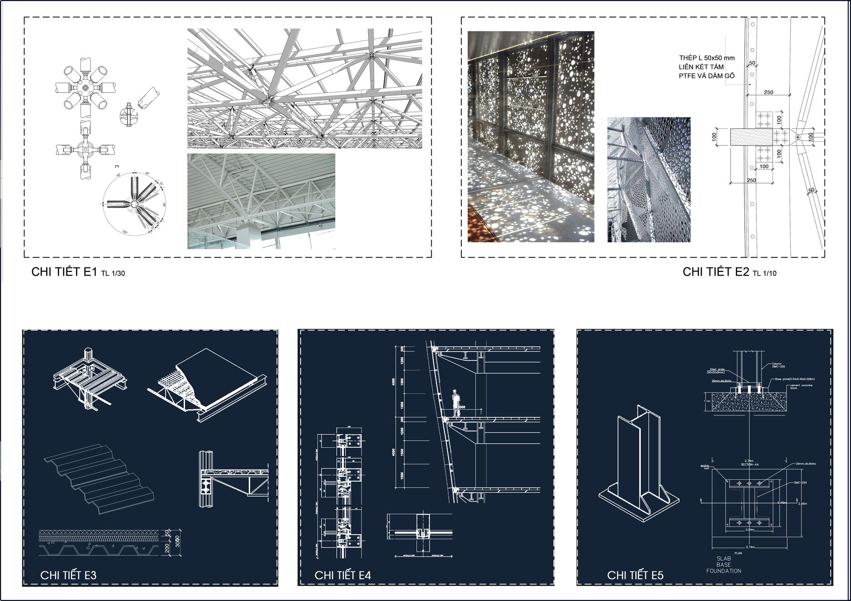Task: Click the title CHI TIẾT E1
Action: (64, 272)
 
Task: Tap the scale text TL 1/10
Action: (764, 273)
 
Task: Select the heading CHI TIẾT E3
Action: (69, 575)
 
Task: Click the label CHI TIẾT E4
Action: (343, 575)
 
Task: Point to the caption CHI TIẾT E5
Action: (635, 575)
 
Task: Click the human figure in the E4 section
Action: (456, 402)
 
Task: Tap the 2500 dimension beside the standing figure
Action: (461, 407)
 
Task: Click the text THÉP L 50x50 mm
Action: (707, 58)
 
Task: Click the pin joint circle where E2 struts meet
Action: (797, 137)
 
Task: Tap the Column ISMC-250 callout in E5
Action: (778, 365)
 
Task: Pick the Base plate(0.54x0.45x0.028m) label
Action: (794, 379)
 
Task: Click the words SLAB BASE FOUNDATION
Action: (723, 565)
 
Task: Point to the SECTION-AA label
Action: (749, 464)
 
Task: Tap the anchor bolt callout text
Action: (705, 467)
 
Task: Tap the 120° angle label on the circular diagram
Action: (125, 232)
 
